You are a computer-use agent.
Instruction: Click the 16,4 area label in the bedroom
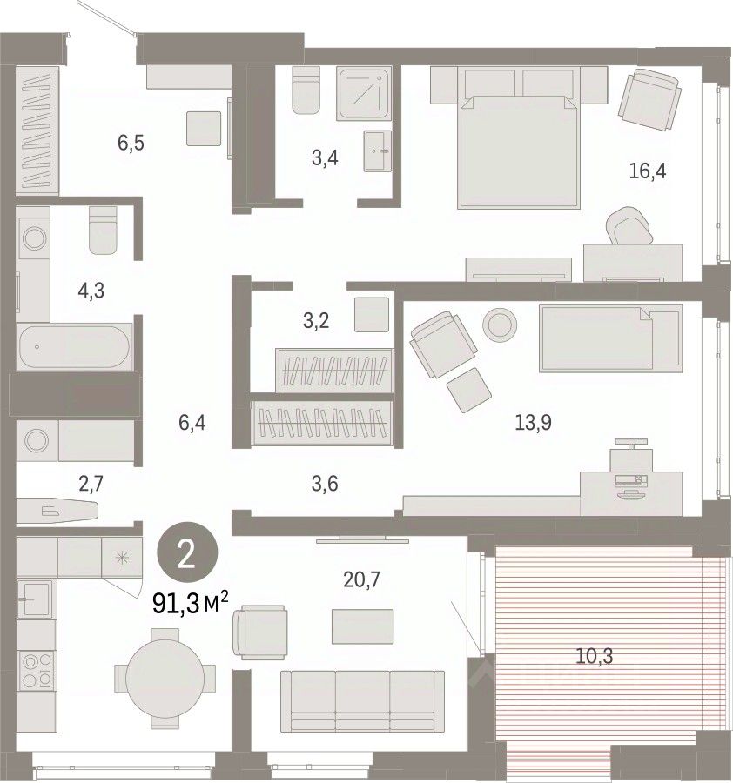coord(647,171)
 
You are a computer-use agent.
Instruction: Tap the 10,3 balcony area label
coord(594,656)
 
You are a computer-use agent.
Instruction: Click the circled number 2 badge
coord(187,552)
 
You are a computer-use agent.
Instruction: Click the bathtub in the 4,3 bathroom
coord(75,347)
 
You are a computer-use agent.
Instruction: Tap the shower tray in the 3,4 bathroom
coord(363,93)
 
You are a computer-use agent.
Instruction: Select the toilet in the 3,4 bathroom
coord(306,90)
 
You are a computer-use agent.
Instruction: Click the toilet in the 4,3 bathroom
coord(103,231)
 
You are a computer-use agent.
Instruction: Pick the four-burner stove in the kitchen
coord(37,671)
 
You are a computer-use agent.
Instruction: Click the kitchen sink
coord(36,599)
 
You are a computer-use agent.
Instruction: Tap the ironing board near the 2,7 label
coord(57,511)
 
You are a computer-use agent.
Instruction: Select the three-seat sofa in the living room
coord(362,701)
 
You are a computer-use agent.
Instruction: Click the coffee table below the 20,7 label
coord(362,626)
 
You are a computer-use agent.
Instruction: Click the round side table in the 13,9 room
coord(499,325)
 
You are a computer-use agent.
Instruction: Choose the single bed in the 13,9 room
coord(610,338)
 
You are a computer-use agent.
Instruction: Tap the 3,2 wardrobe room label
coord(316,320)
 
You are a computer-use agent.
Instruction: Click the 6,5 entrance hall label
coord(131,143)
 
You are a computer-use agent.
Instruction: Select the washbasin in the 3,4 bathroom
coord(377,151)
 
